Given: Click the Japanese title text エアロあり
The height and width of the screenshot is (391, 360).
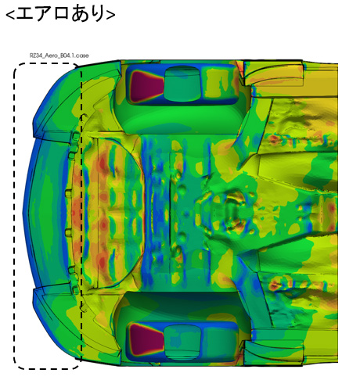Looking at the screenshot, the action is point(60,13).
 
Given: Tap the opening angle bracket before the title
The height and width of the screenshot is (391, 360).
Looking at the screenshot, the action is point(10,15).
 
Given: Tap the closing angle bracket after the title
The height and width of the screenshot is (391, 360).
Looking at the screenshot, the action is point(110,15).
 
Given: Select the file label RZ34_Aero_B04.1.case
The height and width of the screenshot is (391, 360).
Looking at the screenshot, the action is point(59,56).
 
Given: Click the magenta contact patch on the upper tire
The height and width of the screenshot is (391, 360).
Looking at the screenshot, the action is point(146,86).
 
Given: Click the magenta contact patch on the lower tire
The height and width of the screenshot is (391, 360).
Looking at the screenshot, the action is point(146,339).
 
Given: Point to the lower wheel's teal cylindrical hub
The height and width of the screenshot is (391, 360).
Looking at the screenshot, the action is point(182,342).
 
